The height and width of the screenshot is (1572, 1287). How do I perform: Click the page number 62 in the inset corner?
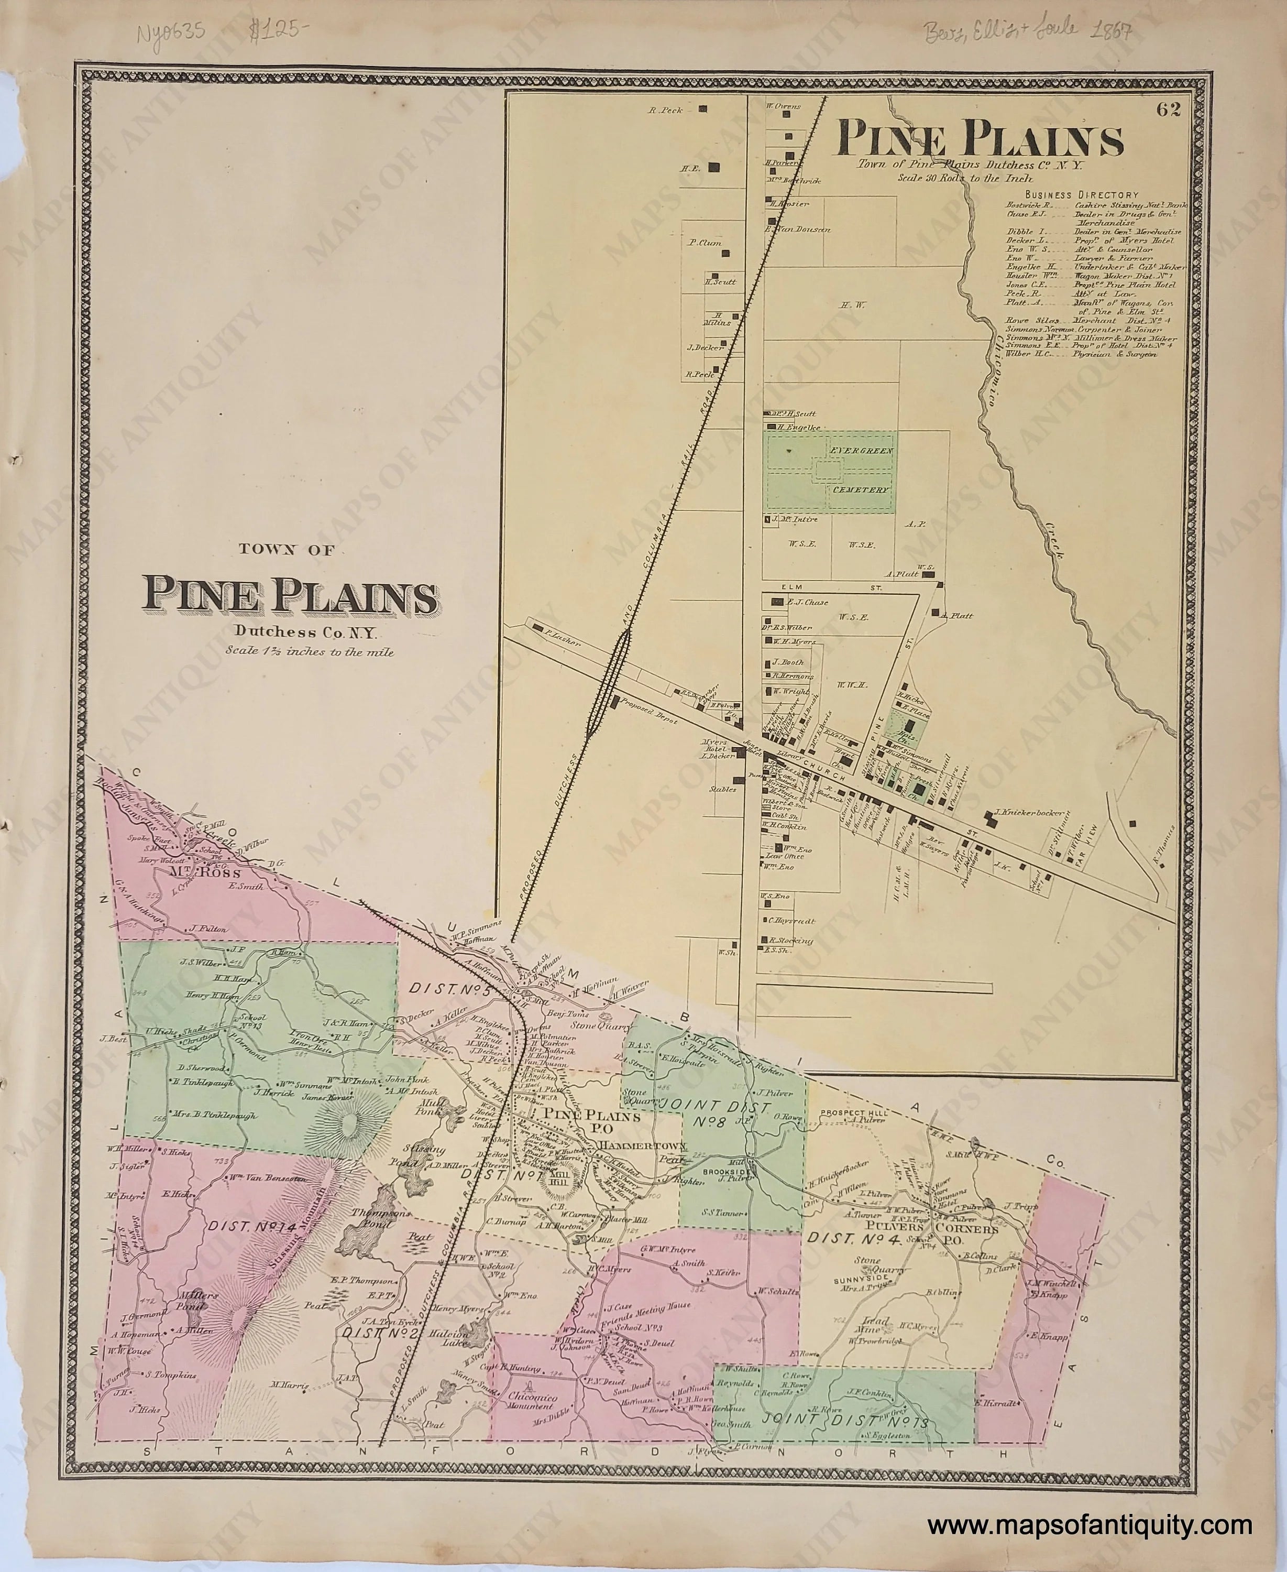[1171, 109]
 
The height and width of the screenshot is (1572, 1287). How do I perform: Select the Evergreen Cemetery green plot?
[830, 472]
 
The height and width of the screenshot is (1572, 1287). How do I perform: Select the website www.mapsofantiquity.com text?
[1090, 1505]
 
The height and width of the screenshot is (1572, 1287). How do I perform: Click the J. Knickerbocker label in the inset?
[1029, 813]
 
